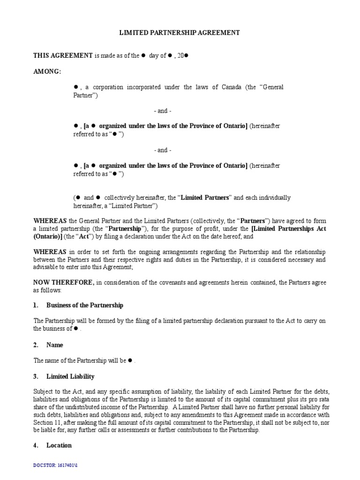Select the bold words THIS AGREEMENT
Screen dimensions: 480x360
63,55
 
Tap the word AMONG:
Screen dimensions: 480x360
47,71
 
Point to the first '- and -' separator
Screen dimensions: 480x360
163,111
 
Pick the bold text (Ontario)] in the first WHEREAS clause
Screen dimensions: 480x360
48,237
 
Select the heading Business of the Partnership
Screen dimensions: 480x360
85,305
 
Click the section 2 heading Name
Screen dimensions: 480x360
54,345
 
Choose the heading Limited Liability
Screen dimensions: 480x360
70,376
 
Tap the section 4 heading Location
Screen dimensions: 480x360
59,445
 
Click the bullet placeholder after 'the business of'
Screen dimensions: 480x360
75,329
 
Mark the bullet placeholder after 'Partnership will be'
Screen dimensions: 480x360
131,360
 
